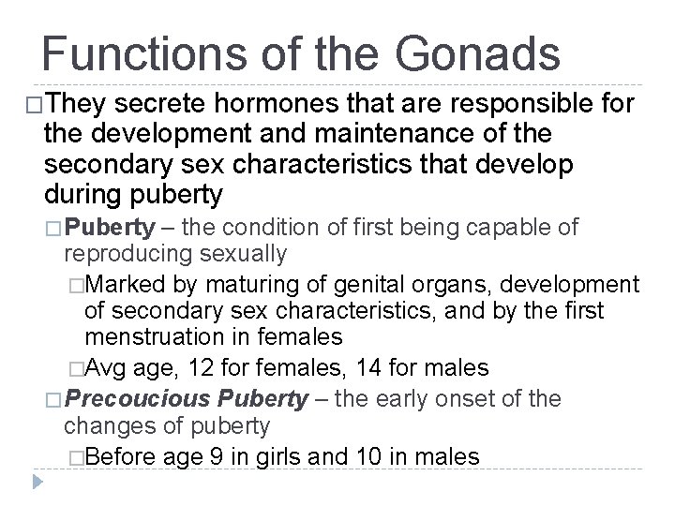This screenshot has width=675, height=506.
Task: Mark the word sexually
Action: click(x=243, y=254)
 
